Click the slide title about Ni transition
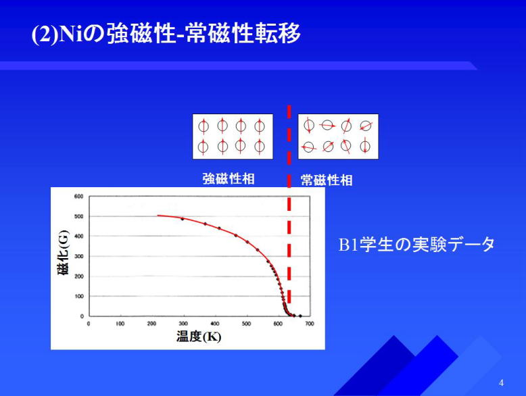click(166, 33)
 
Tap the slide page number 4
click(501, 382)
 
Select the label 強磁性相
click(229, 178)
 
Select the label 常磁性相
click(327, 180)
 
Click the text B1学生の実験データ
click(416, 244)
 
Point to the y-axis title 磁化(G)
click(64, 253)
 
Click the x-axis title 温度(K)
click(199, 337)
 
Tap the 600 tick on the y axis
click(79, 197)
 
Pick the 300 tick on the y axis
click(79, 257)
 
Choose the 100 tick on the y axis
click(79, 297)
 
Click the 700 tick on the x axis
click(309, 324)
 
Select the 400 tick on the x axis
click(215, 324)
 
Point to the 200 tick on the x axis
click(151, 324)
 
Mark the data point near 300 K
click(183, 219)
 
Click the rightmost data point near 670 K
click(300, 316)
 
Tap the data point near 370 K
click(206, 224)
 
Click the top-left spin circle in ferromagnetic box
click(204, 126)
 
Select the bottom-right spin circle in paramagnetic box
click(365, 146)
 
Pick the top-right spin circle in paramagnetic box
click(366, 126)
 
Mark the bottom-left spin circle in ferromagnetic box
click(204, 147)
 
